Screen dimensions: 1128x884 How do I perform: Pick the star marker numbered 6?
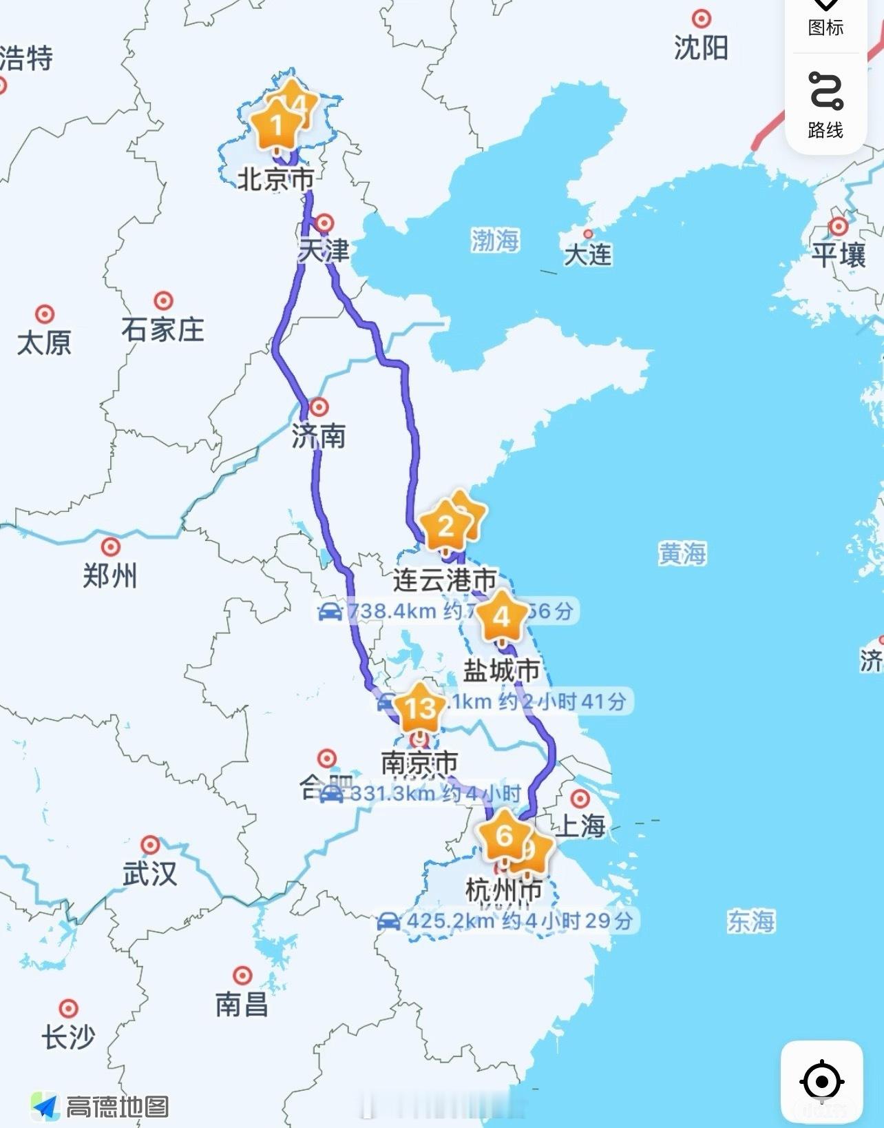[x=505, y=836]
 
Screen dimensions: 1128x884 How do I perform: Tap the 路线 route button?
[x=825, y=103]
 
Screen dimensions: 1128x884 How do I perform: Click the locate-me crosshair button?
[x=821, y=1081]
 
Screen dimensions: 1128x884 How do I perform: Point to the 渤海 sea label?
[x=495, y=240]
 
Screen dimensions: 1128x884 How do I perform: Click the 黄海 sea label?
[x=682, y=553]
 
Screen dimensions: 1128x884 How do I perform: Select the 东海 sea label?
[x=751, y=921]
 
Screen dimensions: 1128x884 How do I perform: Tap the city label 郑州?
[x=110, y=575]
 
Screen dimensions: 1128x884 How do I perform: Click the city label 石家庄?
[x=163, y=329]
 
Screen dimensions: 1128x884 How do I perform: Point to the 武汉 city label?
[x=150, y=874]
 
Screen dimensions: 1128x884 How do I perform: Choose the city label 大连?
[x=587, y=254]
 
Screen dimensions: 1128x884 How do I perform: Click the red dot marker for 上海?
[x=580, y=799]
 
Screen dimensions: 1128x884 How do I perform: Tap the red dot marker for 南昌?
[x=242, y=975]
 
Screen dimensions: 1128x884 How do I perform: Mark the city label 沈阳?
[x=701, y=48]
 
